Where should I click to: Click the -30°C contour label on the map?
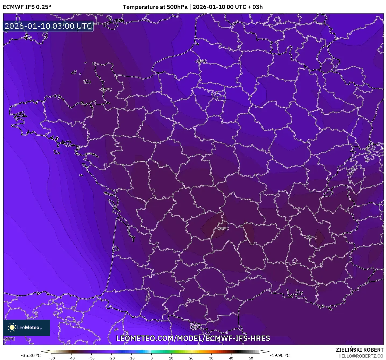pyautogui.click(x=201, y=61)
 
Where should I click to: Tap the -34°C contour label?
pyautogui.click(x=106, y=90)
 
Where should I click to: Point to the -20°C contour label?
pyautogui.click(x=9, y=339)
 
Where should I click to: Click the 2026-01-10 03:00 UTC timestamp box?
pyautogui.click(x=48, y=26)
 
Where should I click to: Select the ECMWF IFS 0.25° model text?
pyautogui.click(x=27, y=7)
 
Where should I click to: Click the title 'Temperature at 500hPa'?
pyautogui.click(x=155, y=7)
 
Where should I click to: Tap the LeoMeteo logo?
pyautogui.click(x=26, y=327)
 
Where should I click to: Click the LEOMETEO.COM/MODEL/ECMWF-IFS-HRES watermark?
pyautogui.click(x=193, y=338)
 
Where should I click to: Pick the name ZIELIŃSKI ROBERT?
pyautogui.click(x=359, y=350)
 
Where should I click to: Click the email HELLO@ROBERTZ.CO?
pyautogui.click(x=360, y=356)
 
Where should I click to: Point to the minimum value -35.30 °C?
pyautogui.click(x=31, y=355)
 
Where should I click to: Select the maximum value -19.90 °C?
pyautogui.click(x=280, y=355)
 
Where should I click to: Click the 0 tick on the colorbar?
pyautogui.click(x=152, y=358)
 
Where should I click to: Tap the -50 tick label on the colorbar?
pyautogui.click(x=52, y=358)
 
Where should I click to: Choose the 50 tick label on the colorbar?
pyautogui.click(x=251, y=358)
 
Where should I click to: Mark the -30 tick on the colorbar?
pyautogui.click(x=91, y=358)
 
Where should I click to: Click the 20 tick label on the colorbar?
pyautogui.click(x=191, y=358)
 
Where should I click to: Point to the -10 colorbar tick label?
pyautogui.click(x=131, y=358)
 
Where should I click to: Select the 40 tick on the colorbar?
pyautogui.click(x=231, y=358)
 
